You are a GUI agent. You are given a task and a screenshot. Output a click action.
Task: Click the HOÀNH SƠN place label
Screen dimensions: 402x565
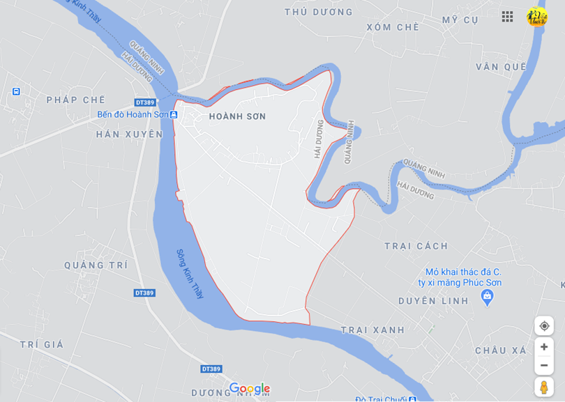pyautogui.click(x=237, y=116)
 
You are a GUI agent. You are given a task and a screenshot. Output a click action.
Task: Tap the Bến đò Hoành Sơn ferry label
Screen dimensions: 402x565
pyautogui.click(x=133, y=114)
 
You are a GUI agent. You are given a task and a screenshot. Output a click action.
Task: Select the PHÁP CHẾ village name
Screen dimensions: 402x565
pyautogui.click(x=75, y=100)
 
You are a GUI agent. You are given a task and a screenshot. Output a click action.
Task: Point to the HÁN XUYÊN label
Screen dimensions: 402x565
pyautogui.click(x=129, y=134)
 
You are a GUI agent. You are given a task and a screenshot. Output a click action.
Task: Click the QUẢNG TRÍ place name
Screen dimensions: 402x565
pyautogui.click(x=96, y=265)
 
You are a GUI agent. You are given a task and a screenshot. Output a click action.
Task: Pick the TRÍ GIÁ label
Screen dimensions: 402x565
pyautogui.click(x=42, y=344)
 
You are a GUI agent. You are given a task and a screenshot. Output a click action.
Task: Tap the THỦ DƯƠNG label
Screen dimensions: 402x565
pyautogui.click(x=319, y=12)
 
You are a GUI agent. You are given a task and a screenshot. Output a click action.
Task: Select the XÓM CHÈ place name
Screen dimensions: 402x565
pyautogui.click(x=393, y=27)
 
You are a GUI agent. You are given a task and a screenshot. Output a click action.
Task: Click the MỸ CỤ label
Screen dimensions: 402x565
pyautogui.click(x=460, y=20)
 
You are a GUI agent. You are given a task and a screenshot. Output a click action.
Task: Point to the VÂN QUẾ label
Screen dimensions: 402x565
pyautogui.click(x=501, y=67)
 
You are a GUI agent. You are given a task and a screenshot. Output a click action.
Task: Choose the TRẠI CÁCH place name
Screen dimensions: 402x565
pyautogui.click(x=416, y=246)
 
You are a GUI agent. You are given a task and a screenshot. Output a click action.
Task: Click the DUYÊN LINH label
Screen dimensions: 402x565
pyautogui.click(x=433, y=301)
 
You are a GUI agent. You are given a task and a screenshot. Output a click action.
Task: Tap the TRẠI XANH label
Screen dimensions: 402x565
pyautogui.click(x=372, y=330)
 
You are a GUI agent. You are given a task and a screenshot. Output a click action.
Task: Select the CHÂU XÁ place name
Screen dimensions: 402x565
pyautogui.click(x=501, y=350)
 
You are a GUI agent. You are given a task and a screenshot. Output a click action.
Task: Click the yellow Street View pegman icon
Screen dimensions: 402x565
pyautogui.click(x=544, y=387)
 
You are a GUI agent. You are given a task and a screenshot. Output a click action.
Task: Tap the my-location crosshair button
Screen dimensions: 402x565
pyautogui.click(x=544, y=325)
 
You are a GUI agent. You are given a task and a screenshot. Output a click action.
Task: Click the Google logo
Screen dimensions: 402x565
pyautogui.click(x=249, y=388)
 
